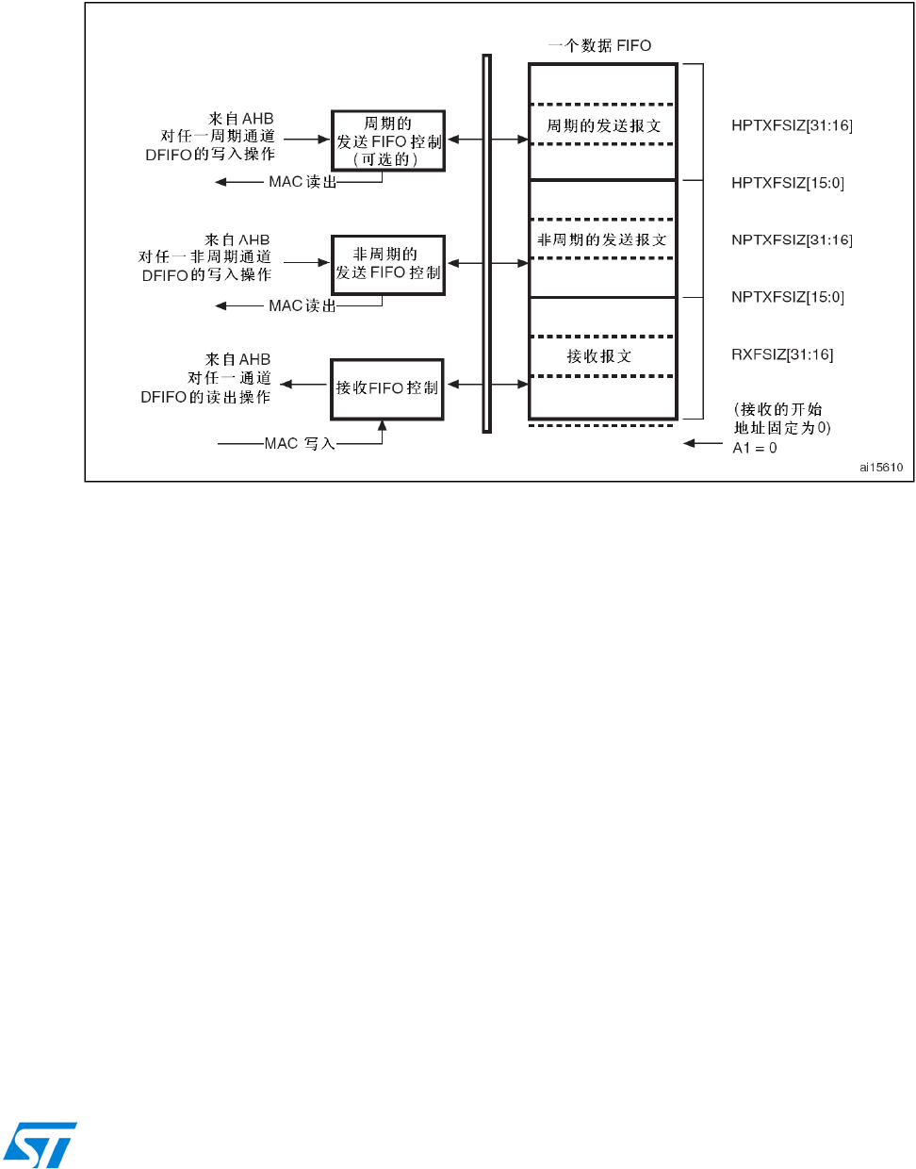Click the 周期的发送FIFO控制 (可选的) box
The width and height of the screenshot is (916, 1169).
pos(388,140)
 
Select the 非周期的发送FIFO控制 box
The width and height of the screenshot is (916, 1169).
pos(388,264)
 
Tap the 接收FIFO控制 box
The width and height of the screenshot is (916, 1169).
pos(387,388)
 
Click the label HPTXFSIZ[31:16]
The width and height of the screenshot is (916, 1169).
pos(792,125)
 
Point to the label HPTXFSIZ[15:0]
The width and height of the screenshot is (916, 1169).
pos(788,183)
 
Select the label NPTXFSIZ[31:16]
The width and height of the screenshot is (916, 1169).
pos(792,240)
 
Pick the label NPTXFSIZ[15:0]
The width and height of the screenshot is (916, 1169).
pos(788,297)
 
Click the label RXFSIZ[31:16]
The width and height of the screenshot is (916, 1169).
pos(782,354)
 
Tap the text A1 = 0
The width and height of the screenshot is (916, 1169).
pos(755,448)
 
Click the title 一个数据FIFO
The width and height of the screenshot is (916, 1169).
pos(600,45)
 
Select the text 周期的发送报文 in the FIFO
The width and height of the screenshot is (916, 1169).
pos(604,125)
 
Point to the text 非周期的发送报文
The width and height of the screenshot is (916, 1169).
pos(602,240)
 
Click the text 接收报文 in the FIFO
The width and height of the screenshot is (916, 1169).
pos(599,356)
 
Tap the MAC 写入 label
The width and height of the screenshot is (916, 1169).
pos(300,443)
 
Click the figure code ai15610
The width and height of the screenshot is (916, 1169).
pos(880,467)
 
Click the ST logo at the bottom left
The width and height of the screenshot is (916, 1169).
pos(40,1144)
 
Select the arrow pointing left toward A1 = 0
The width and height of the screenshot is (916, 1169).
pos(703,443)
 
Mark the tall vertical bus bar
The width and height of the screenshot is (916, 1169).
pos(487,243)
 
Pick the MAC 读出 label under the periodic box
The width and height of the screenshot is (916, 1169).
pos(303,182)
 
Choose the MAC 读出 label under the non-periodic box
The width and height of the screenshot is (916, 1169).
pos(303,305)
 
